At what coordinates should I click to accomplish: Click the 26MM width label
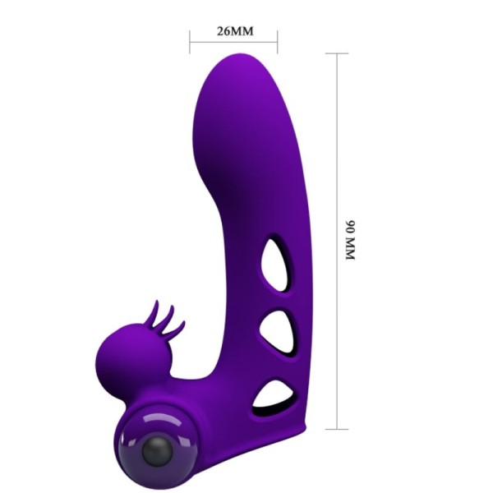(x=234, y=32)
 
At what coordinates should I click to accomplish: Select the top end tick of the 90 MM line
(x=337, y=53)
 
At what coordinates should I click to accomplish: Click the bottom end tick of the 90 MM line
(x=337, y=428)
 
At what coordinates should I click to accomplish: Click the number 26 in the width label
(x=223, y=32)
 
